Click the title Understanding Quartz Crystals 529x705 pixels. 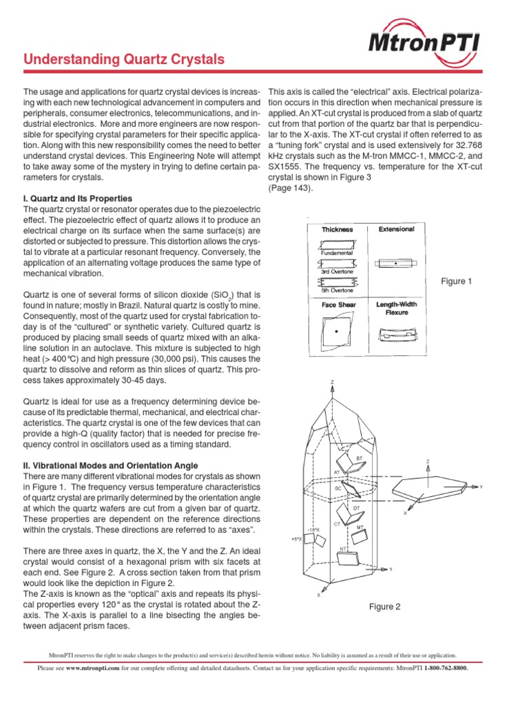click(124, 60)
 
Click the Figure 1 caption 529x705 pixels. click(457, 282)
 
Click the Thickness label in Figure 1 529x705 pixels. click(337, 229)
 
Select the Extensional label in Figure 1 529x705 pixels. click(396, 229)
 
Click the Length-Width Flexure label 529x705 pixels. click(397, 308)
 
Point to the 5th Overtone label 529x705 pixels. click(337, 291)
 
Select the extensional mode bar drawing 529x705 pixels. click(397, 262)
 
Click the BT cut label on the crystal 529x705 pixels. click(359, 458)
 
